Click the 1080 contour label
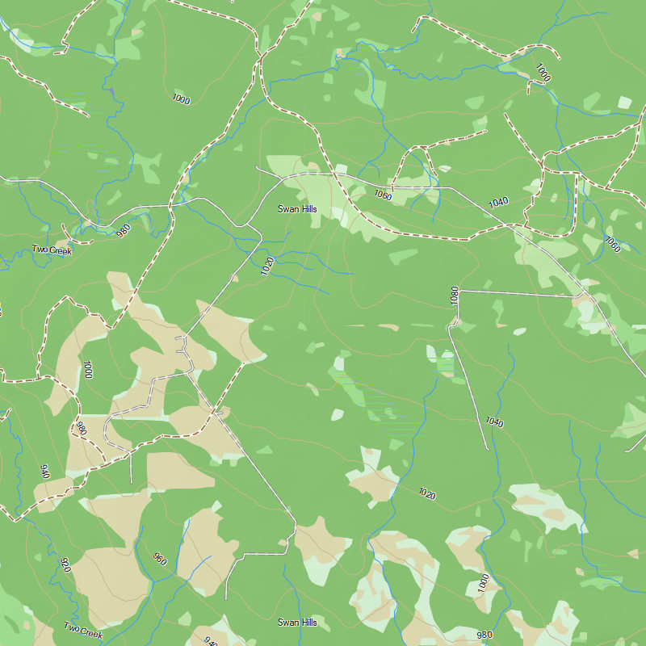tap(455, 295)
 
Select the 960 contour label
tap(159, 558)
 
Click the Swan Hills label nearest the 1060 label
tap(298, 209)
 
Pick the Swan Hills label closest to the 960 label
tap(298, 623)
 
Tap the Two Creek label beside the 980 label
tap(52, 250)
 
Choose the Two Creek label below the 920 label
tap(84, 628)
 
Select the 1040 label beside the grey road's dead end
tap(494, 422)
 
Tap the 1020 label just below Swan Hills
tap(267, 266)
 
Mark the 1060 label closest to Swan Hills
tap(383, 195)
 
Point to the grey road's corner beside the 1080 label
tap(459, 291)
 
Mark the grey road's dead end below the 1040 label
tap(487, 448)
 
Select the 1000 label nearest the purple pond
tap(181, 99)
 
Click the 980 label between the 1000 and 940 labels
tap(81, 428)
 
